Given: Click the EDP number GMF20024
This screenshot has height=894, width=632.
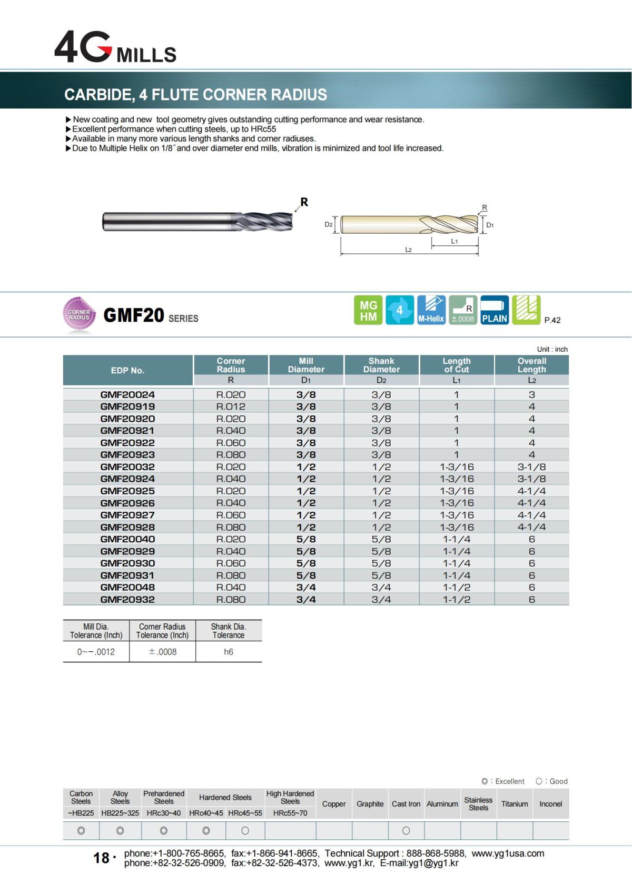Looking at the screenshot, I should (x=127, y=394).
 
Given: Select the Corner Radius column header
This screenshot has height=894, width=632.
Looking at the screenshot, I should (x=231, y=365).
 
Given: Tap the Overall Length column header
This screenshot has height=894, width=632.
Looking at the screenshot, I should (x=531, y=365).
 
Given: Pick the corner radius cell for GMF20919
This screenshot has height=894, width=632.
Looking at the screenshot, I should (x=231, y=406).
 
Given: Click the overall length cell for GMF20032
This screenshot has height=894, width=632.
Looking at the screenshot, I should (x=531, y=467).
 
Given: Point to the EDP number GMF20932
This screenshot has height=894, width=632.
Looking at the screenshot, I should (x=127, y=599).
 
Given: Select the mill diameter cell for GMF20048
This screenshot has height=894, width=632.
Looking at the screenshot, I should (x=306, y=587).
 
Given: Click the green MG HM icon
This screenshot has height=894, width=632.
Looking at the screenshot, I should (x=368, y=310).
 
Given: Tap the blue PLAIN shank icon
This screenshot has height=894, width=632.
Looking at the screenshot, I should (x=495, y=310).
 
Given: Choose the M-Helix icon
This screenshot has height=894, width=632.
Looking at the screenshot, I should (x=431, y=310).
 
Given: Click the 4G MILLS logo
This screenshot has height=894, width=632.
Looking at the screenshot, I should (x=115, y=47).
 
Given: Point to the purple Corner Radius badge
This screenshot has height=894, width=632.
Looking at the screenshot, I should (x=79, y=315).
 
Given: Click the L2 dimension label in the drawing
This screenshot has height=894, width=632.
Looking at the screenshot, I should (x=408, y=250).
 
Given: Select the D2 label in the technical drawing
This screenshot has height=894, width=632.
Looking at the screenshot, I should (x=328, y=224).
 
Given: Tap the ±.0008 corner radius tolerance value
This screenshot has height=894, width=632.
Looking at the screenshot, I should (x=162, y=652).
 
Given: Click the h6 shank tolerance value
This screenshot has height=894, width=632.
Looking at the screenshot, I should (x=228, y=652).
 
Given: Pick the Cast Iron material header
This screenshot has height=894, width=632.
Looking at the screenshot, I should (x=406, y=804).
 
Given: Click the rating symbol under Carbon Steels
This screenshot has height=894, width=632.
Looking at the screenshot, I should (x=81, y=831).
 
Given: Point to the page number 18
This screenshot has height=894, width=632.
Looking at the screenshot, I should (x=101, y=858).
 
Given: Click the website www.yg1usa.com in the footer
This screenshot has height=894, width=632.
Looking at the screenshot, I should (x=508, y=853).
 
